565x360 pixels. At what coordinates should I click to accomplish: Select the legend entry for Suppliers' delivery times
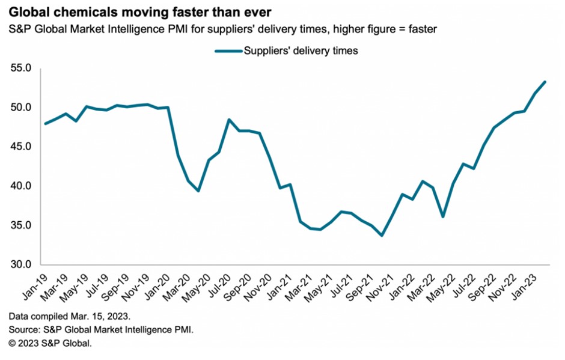point(300,51)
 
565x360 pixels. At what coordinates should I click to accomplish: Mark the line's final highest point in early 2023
point(545,82)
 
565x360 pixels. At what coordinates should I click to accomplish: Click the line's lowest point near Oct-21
point(382,236)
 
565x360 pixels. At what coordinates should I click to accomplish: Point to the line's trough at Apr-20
point(198,191)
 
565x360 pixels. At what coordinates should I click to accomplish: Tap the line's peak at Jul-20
point(229,120)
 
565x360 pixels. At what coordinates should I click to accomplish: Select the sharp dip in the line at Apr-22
point(443,216)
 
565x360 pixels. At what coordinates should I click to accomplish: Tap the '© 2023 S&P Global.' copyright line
point(51,343)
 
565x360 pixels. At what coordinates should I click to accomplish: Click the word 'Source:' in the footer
point(23,330)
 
